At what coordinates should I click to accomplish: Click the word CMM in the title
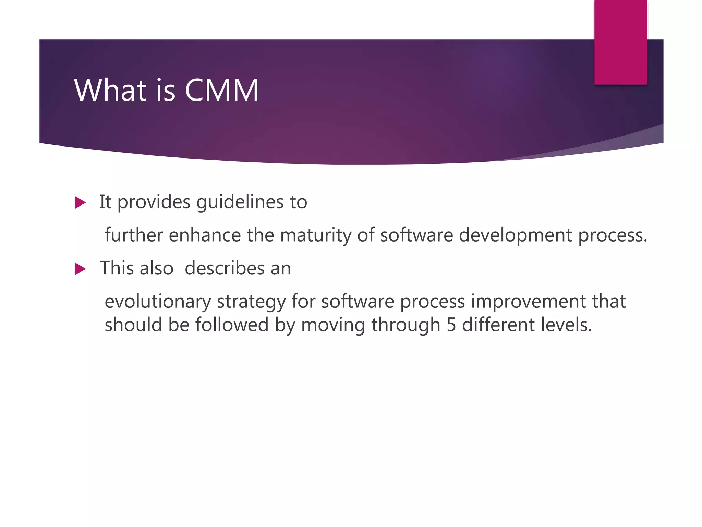[222, 90]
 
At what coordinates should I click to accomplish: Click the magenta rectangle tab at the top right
[620, 42]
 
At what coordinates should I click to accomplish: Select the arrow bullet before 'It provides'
[80, 202]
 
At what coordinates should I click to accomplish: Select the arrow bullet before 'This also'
[80, 269]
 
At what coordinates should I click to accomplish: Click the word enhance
[205, 236]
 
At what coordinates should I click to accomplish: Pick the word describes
[225, 268]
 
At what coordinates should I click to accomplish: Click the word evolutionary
[158, 302]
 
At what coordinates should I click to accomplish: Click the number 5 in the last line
[451, 325]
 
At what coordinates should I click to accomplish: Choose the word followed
[232, 325]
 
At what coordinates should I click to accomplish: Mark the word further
[134, 236]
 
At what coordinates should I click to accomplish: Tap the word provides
[154, 202]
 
